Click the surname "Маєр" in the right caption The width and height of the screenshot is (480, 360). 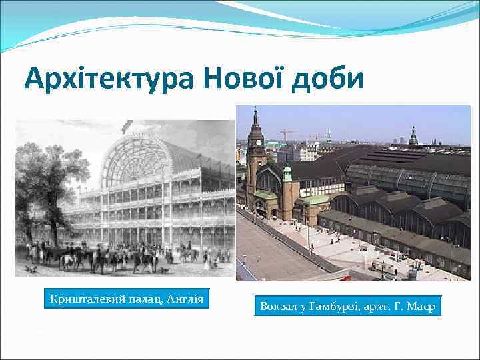pyautogui.click(x=420, y=307)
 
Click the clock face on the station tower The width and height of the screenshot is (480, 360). pyautogui.click(x=255, y=142)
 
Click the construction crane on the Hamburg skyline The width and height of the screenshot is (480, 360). pyautogui.click(x=288, y=133)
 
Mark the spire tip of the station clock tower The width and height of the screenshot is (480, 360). pyautogui.click(x=255, y=109)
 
